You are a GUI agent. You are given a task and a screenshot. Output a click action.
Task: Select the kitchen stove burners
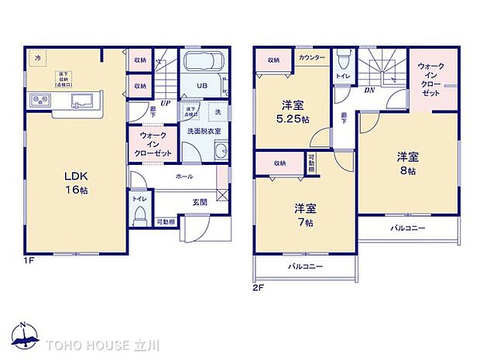pos(39,101)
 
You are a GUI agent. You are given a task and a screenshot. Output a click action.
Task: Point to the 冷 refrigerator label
pos(36,56)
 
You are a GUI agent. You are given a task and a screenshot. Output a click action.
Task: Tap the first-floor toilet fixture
pos(140,218)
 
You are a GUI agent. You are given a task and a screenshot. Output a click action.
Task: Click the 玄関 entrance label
pos(200,202)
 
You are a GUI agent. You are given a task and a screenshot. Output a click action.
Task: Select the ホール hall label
pos(183,177)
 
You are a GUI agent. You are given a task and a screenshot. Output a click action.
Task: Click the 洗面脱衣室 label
pos(203,131)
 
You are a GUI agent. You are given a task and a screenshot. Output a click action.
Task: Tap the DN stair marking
pos(369,90)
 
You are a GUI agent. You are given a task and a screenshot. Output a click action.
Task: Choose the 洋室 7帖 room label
pos(303,215)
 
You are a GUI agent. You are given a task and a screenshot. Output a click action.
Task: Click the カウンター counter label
pos(312,58)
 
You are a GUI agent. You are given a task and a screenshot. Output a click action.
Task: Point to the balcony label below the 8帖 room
pos(408,228)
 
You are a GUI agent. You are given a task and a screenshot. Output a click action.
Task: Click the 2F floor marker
pos(258,287)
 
